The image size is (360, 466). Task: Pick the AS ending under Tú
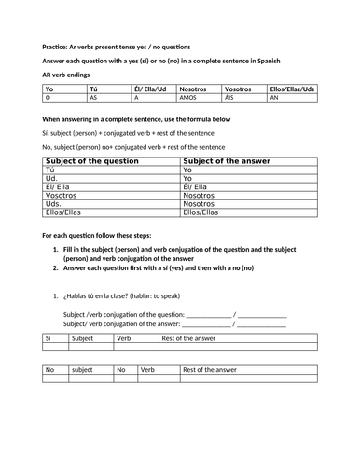tap(93, 96)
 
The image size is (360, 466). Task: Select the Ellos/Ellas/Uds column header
tap(291, 88)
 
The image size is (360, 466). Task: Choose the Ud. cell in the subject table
tap(52, 178)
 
